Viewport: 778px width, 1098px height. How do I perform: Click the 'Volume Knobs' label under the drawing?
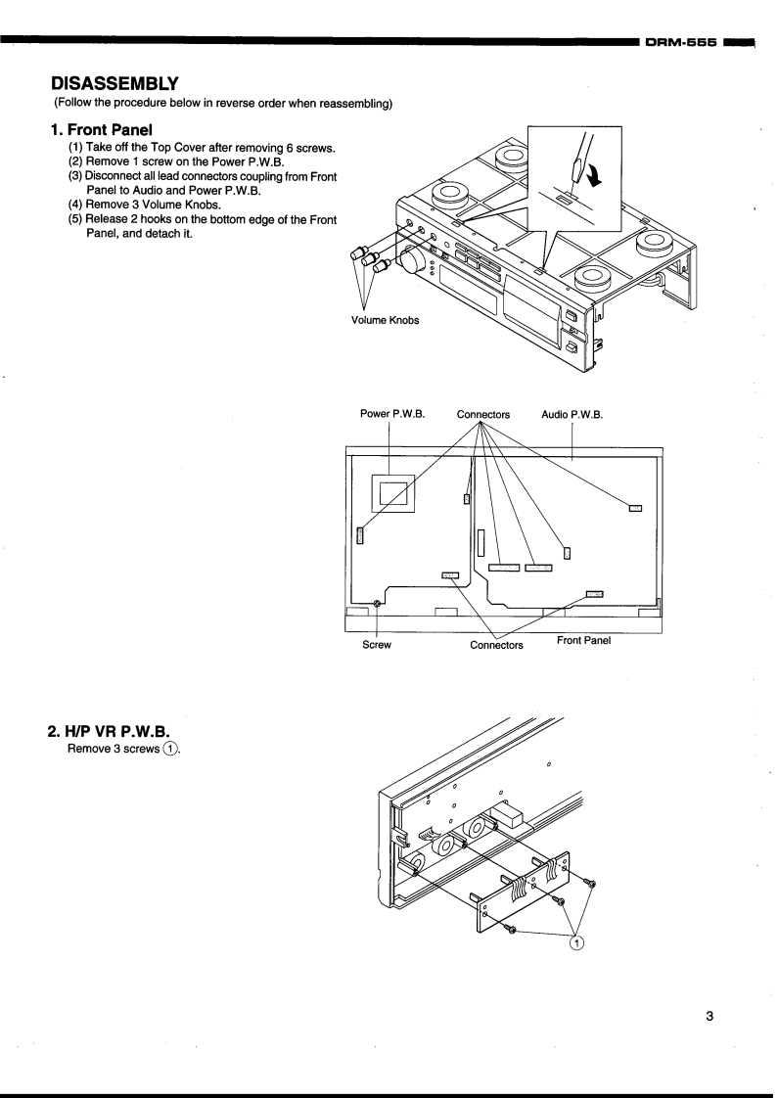pyautogui.click(x=386, y=321)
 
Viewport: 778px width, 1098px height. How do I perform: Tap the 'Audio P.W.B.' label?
pyautogui.click(x=572, y=414)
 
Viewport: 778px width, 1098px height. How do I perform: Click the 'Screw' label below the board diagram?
pyautogui.click(x=378, y=645)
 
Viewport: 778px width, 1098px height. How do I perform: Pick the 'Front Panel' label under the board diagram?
pyautogui.click(x=584, y=641)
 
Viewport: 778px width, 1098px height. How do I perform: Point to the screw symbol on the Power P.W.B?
pyautogui.click(x=378, y=603)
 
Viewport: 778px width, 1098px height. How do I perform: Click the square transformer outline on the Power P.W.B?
pyautogui.click(x=391, y=490)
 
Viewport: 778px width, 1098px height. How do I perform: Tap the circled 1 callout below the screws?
pyautogui.click(x=577, y=941)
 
